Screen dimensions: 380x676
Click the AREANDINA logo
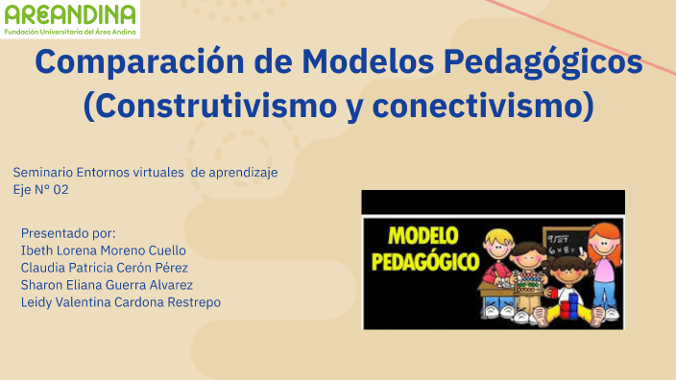coord(70,19)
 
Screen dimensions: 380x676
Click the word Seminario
coord(44,172)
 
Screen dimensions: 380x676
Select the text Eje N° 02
coord(41,189)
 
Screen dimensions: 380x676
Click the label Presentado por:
coord(67,233)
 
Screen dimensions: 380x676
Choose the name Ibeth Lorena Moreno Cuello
coord(104,250)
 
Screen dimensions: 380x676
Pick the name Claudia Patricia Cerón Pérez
coord(104,268)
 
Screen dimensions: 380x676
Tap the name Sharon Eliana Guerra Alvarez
coord(107,285)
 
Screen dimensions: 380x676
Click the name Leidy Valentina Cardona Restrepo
coord(120,302)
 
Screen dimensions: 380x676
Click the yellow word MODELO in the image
coord(422,236)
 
